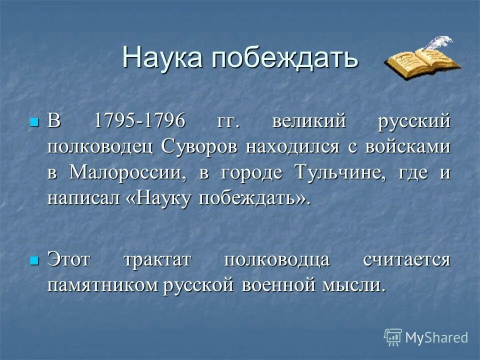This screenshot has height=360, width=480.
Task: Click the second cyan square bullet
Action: click(33, 260)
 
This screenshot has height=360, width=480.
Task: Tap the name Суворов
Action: click(201, 148)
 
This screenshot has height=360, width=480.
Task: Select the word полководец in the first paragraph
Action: click(102, 148)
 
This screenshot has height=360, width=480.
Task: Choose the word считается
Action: click(406, 260)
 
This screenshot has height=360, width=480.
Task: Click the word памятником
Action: click(102, 286)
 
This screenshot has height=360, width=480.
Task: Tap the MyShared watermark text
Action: click(436, 337)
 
